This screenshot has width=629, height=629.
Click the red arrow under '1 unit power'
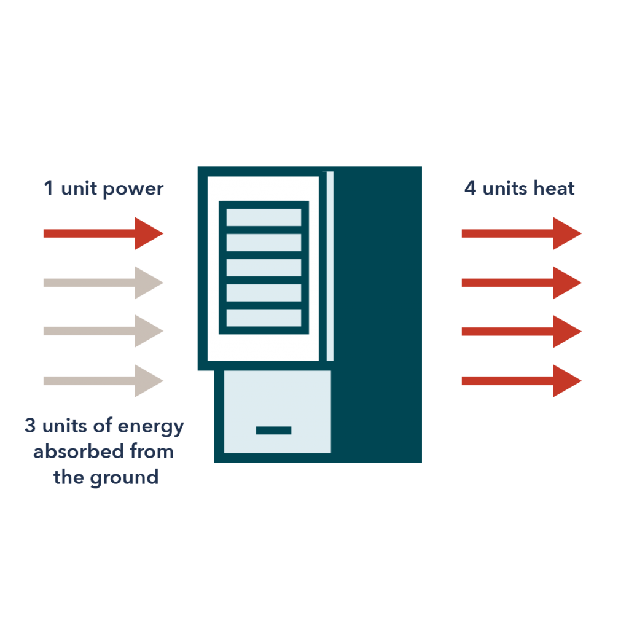pyautogui.click(x=103, y=233)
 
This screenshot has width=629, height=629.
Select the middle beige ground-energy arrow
pyautogui.click(x=103, y=331)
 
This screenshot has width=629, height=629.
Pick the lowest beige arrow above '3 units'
pyautogui.click(x=103, y=381)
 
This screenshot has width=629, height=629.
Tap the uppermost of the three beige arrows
pyautogui.click(x=103, y=283)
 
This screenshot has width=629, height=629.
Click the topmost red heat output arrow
pyautogui.click(x=522, y=233)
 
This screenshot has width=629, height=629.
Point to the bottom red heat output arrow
pyautogui.click(x=522, y=381)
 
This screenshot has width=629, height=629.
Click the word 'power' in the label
pyautogui.click(x=133, y=189)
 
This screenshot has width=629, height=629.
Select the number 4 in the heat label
pyautogui.click(x=470, y=189)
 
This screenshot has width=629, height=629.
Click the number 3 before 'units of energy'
pyautogui.click(x=29, y=426)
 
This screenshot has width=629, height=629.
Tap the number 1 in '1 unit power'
pyautogui.click(x=48, y=189)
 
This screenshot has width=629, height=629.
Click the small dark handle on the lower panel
pyautogui.click(x=273, y=430)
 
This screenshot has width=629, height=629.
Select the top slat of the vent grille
pyautogui.click(x=264, y=217)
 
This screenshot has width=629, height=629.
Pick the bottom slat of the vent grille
pyautogui.click(x=264, y=317)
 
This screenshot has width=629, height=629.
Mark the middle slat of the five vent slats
pyautogui.click(x=264, y=267)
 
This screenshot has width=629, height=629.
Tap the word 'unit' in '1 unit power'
pyautogui.click(x=79, y=189)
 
